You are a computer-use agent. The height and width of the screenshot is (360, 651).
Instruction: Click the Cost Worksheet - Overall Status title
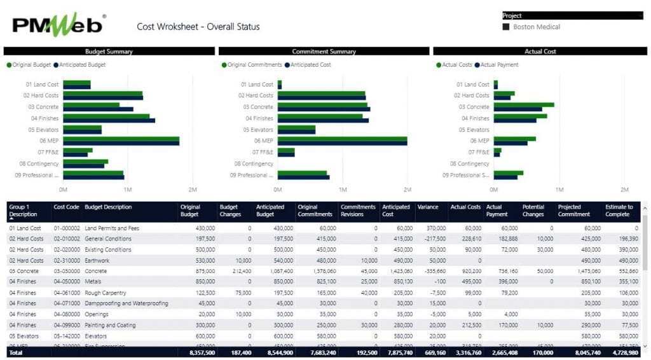tap(198, 27)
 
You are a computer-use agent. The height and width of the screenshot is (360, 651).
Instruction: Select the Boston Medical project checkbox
tap(506, 27)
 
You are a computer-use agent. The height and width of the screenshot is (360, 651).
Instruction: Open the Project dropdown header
tap(572, 15)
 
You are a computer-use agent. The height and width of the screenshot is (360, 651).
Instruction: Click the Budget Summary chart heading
tap(109, 51)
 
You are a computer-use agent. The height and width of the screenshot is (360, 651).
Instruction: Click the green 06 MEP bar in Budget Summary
tap(121, 138)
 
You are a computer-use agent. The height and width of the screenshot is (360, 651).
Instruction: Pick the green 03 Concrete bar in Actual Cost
tap(524, 104)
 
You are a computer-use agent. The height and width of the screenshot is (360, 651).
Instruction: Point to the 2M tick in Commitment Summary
tap(408, 190)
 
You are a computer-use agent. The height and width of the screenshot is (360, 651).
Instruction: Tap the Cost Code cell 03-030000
tap(66, 271)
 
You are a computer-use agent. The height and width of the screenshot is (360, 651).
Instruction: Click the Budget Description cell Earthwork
tap(97, 260)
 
